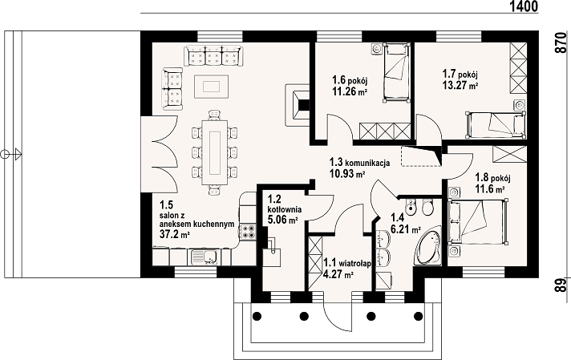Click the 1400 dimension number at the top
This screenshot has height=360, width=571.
[523, 6]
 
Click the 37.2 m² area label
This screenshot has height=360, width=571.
[175, 234]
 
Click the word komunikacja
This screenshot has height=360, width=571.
[367, 162]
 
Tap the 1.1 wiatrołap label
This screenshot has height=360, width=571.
[347, 263]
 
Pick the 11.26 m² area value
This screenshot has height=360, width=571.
[349, 91]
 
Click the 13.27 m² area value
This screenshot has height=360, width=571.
[460, 86]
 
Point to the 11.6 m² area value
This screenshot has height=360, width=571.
[490, 189]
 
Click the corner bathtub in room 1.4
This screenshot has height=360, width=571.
[429, 246]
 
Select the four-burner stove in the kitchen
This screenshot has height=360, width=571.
[248, 232]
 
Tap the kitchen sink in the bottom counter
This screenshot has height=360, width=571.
[203, 257]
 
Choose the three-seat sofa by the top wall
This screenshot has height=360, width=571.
[213, 55]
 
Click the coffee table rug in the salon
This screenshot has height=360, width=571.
[212, 87]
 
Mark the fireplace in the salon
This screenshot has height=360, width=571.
[298, 105]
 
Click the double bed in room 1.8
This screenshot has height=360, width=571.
[479, 221]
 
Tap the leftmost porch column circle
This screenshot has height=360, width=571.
[257, 316]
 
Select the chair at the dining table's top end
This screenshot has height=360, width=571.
[214, 115]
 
